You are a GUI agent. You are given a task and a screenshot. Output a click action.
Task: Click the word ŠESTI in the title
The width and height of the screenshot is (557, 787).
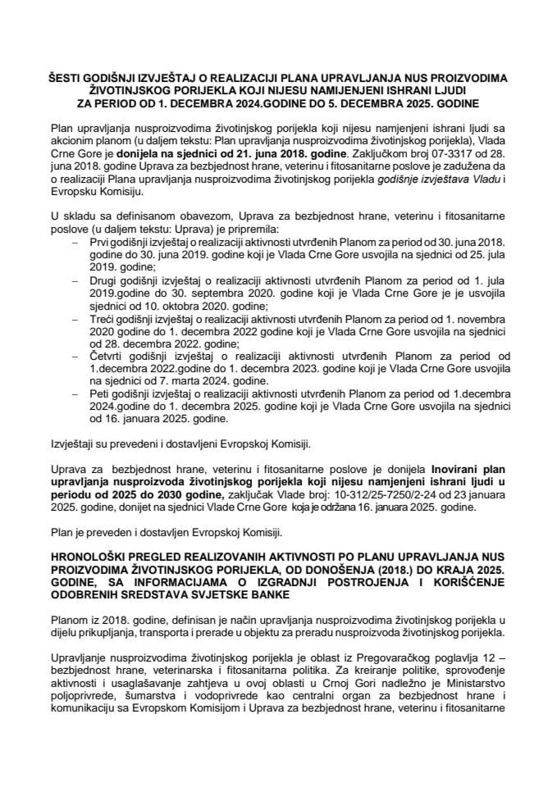[66, 79]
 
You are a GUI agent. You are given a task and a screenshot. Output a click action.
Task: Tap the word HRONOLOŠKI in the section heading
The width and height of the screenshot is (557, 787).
[89, 554]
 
